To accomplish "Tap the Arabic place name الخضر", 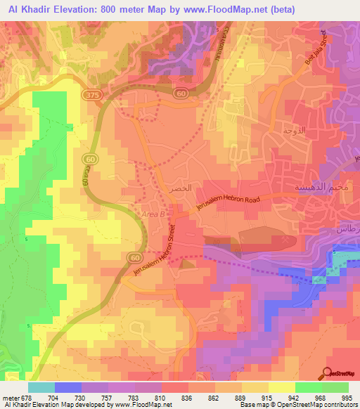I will coord(180,190).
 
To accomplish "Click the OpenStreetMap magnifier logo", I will coord(328,373).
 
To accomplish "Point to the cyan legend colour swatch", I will coord(41,387).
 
